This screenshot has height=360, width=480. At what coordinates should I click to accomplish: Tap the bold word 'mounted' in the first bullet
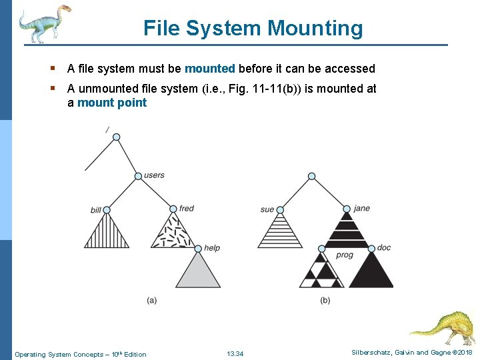[x=209, y=69]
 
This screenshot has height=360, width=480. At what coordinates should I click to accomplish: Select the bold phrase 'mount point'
[x=112, y=103]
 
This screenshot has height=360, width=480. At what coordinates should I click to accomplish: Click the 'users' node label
[x=154, y=175]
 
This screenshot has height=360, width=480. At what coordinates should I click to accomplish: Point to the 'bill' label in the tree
[x=95, y=210]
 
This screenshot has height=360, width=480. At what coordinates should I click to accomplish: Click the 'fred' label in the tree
[x=187, y=209]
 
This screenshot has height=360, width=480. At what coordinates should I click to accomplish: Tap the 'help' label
[x=212, y=248]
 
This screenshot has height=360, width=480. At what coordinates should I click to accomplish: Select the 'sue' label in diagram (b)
[x=267, y=209]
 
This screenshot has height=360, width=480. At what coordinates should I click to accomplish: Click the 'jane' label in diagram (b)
[x=362, y=208]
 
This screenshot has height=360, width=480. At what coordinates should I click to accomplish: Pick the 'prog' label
[x=345, y=255]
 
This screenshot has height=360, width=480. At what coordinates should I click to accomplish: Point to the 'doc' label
[x=384, y=248]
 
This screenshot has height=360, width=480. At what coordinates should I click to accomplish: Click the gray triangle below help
[x=197, y=273]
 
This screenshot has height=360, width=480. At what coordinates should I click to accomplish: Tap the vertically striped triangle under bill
[x=107, y=232]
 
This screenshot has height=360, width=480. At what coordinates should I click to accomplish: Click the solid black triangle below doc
[x=371, y=272]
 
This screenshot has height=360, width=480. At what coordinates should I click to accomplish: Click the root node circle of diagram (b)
[x=311, y=177]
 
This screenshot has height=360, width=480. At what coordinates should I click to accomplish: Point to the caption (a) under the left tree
[x=152, y=300]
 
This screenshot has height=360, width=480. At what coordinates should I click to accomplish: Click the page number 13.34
[x=235, y=353]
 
